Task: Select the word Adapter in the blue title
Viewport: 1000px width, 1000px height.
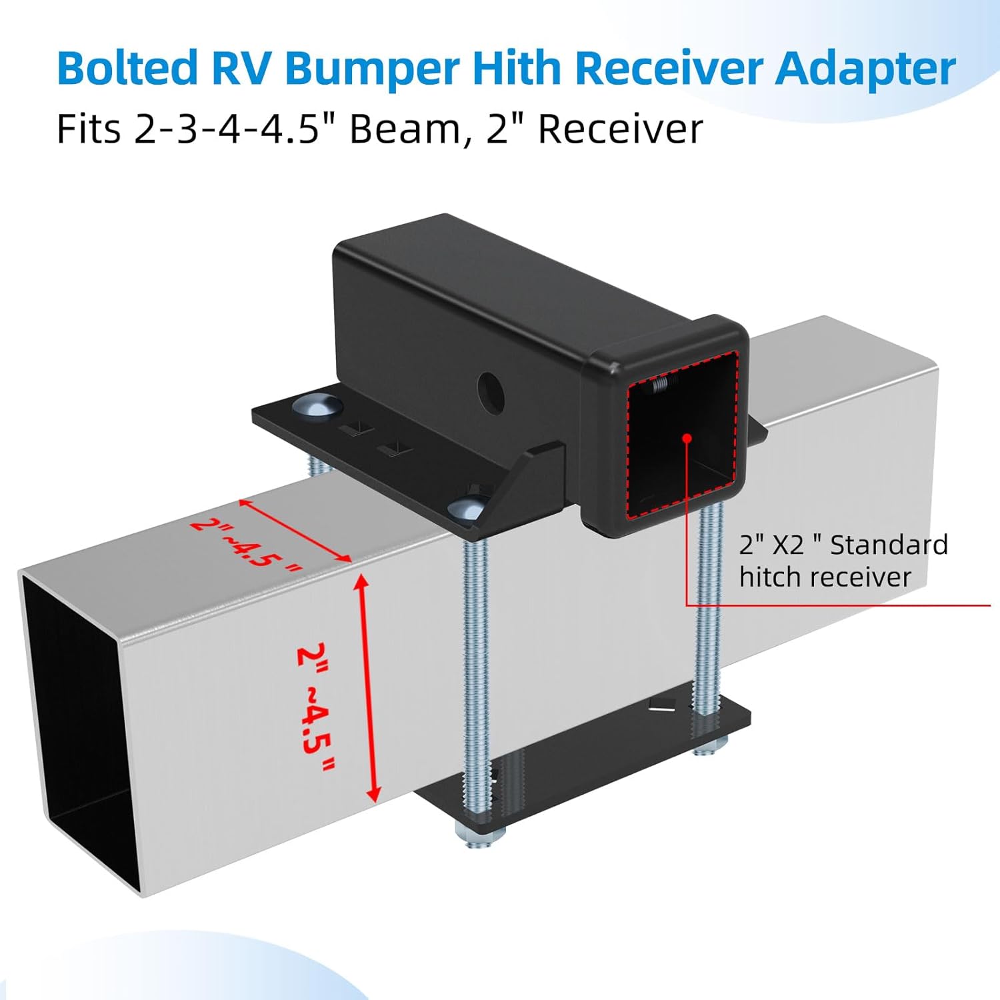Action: tap(865, 69)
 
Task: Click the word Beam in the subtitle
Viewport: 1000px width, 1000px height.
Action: tap(405, 129)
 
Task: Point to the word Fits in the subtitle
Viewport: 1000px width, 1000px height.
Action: tap(89, 129)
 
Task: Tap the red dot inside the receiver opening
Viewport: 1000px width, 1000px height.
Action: tap(687, 438)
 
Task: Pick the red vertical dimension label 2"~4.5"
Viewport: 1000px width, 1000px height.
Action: tap(315, 707)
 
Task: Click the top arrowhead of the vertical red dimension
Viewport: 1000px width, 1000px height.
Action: tap(360, 580)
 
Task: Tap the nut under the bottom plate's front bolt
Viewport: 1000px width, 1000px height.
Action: tap(477, 836)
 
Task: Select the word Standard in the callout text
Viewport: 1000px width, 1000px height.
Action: tap(889, 545)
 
